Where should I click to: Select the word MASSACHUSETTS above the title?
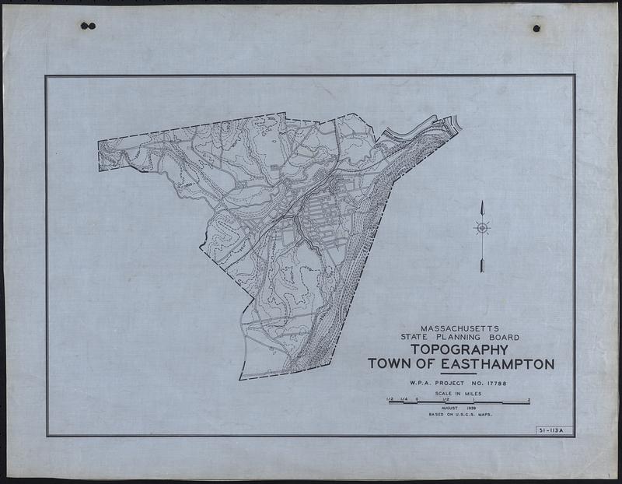click(461, 328)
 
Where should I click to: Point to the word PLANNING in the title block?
click(466, 337)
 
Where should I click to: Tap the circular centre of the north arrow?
click(482, 228)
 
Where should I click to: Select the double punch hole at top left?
click(88, 26)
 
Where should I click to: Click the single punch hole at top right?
click(536, 28)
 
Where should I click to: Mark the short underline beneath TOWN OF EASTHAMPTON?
click(458, 374)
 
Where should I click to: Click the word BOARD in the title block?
click(505, 337)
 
